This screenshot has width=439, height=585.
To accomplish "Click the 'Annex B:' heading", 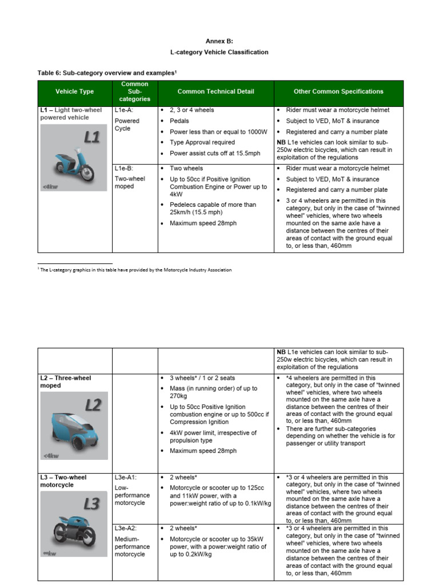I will [x=219, y=41].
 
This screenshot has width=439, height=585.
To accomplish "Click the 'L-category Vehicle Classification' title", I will [x=219, y=52].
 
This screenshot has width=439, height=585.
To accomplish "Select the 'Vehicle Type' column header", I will [x=75, y=91].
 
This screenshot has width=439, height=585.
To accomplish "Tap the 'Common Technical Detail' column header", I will [x=215, y=91].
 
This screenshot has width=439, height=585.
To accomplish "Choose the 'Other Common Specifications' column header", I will [x=338, y=91].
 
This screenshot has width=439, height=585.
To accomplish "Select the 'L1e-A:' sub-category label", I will [x=124, y=110].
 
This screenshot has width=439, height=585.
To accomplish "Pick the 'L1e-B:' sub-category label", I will [x=124, y=169].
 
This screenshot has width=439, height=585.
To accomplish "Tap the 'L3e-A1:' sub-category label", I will [x=126, y=477].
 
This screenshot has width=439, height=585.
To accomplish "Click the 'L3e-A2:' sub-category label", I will [x=126, y=528].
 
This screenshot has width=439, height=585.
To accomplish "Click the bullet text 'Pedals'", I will [x=179, y=121].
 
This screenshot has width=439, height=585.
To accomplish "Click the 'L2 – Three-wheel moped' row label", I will [x=65, y=382].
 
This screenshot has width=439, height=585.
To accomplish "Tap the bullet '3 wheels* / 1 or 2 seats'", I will [x=202, y=378].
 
